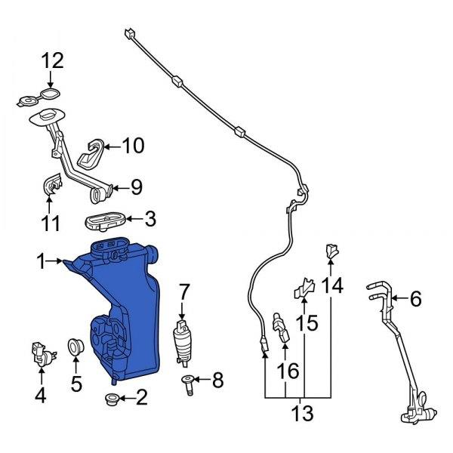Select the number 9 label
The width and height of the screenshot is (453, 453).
tap(136, 186)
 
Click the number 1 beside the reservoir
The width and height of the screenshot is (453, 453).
tap(41, 262)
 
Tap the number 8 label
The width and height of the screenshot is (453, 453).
tap(217, 381)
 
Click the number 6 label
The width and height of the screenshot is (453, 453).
tap(414, 299)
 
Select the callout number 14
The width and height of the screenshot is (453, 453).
tap(332, 285)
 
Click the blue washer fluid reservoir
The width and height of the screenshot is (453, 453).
tap(125, 302)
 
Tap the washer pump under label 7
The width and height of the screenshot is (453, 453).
tap(182, 341)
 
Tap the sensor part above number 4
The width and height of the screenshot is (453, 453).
tap(41, 353)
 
